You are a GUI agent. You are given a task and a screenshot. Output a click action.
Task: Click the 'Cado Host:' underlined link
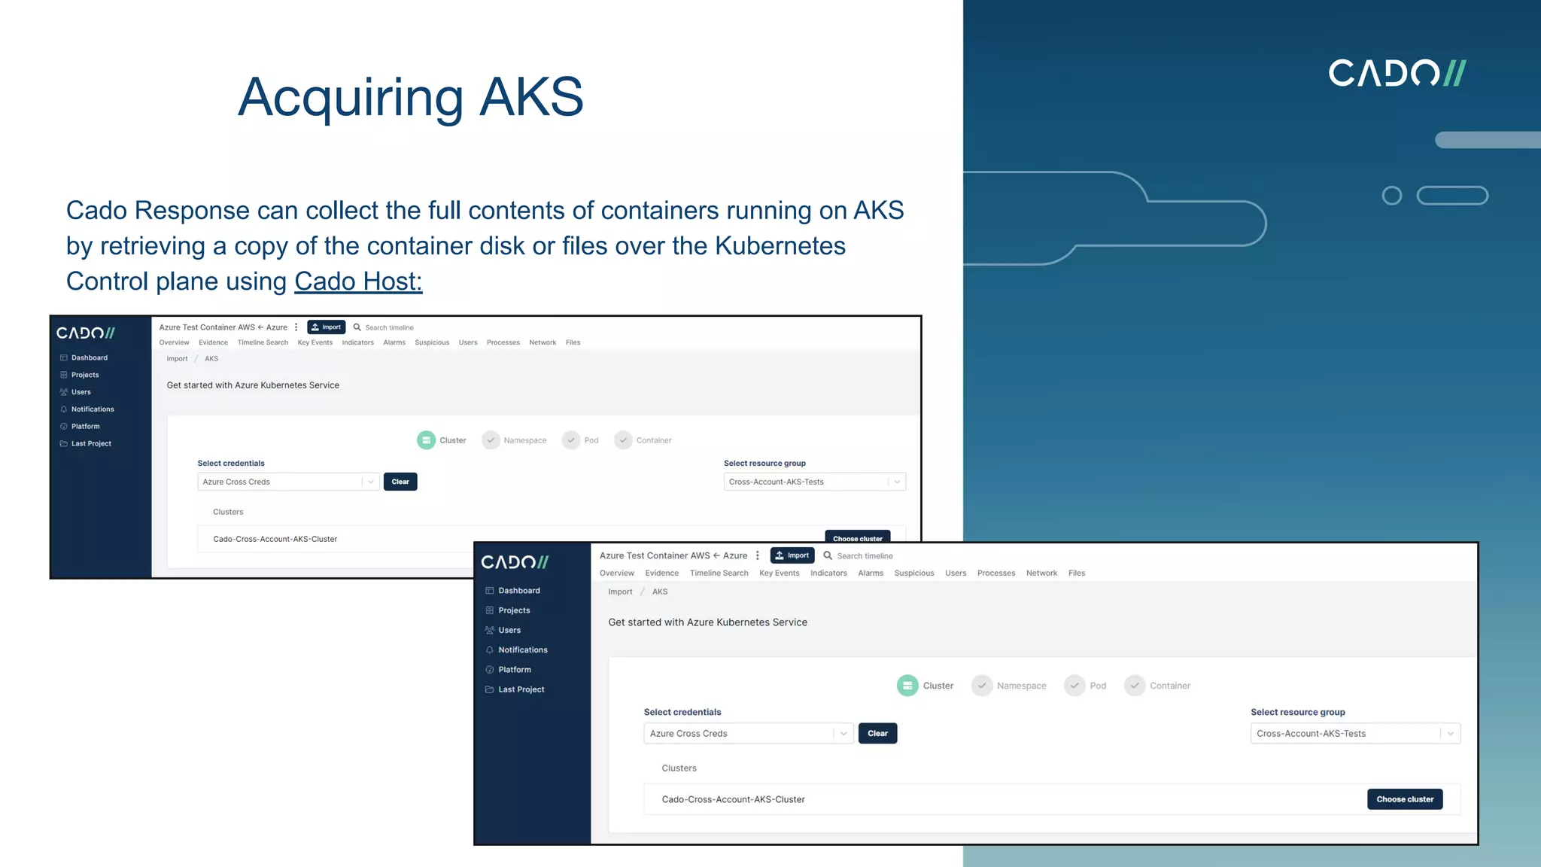(358, 281)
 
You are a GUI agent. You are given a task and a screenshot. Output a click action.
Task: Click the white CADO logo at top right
(1397, 73)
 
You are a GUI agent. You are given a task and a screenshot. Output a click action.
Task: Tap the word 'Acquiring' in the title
(351, 98)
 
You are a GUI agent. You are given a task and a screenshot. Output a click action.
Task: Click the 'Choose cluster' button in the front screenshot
(1404, 799)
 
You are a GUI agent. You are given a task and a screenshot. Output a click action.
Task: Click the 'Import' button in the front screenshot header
(792, 555)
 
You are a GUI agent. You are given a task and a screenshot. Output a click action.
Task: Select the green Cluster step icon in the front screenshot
(907, 686)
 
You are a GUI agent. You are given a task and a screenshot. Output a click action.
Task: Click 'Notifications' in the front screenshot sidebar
(522, 650)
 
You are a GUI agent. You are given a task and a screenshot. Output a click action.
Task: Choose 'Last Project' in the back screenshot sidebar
(91, 444)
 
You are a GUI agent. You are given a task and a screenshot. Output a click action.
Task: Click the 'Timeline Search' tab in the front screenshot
(719, 573)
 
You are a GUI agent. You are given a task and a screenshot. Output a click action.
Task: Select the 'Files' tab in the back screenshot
(573, 343)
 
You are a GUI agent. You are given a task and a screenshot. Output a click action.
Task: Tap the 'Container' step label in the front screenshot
(1169, 686)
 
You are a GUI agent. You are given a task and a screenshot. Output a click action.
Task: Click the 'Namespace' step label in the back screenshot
(524, 441)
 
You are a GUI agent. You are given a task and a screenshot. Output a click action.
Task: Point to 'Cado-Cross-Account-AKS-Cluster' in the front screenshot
(733, 800)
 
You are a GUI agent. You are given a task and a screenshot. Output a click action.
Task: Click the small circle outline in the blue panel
(1392, 196)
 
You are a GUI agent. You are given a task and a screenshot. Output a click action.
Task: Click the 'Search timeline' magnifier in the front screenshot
(828, 556)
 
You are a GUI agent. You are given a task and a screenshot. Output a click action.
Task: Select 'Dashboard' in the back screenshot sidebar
(89, 358)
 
